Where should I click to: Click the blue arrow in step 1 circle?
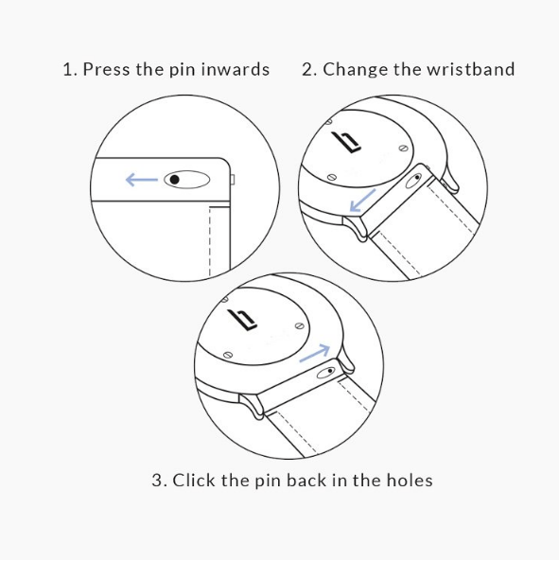click(142, 180)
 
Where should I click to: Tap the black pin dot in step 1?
click(174, 179)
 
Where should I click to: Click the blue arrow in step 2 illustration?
click(362, 201)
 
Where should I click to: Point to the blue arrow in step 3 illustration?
click(314, 353)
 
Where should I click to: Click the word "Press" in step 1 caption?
click(106, 69)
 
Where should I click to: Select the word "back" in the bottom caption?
click(306, 480)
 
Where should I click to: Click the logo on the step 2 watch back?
click(346, 142)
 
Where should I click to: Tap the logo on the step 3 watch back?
click(242, 320)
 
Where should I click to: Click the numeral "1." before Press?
click(70, 69)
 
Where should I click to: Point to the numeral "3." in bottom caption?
click(159, 481)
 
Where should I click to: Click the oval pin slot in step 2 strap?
click(414, 180)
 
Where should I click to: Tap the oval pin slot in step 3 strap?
click(326, 373)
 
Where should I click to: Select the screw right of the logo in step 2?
click(403, 148)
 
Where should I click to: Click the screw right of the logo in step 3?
click(299, 326)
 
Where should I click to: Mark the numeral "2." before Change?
click(309, 69)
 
